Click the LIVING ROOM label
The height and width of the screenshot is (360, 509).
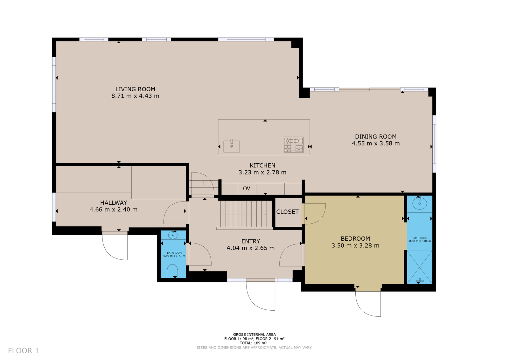[x=135, y=89]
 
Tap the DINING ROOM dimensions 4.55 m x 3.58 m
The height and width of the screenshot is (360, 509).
[x=376, y=144]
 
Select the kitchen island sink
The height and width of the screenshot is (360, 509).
[x=232, y=146]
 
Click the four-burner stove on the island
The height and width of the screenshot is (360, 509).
[x=293, y=145]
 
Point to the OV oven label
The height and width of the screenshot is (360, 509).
[x=247, y=188]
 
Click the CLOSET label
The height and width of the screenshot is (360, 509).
[x=288, y=212]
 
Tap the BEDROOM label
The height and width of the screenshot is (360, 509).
[x=355, y=238]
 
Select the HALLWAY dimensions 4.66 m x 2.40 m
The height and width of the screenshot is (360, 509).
[x=114, y=209]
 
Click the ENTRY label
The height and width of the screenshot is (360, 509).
[x=251, y=241]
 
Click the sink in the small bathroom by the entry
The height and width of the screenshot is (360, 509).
[x=173, y=235]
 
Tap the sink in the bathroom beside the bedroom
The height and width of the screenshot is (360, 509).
[x=420, y=203]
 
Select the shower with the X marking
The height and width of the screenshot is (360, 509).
[x=420, y=267]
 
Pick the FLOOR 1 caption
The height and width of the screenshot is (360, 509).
[x=24, y=351]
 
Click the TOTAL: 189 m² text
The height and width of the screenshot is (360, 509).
[x=254, y=343]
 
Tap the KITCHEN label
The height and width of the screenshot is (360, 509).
[x=262, y=166]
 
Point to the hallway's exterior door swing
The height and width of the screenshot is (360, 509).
[x=115, y=247]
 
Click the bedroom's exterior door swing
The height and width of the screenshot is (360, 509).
[x=368, y=304]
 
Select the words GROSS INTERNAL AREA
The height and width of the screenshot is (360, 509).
[x=254, y=335]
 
